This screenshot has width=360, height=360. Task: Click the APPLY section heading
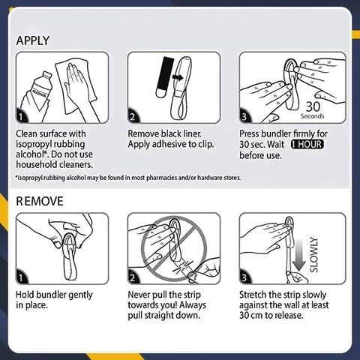33,40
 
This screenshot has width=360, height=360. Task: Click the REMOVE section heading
40,202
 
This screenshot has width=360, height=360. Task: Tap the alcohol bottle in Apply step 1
39,90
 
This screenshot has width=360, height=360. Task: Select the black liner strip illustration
163,76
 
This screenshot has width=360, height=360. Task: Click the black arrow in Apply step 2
178,77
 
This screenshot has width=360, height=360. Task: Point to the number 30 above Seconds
313,106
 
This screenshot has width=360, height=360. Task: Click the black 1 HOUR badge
307,145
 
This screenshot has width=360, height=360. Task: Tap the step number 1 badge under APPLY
22,116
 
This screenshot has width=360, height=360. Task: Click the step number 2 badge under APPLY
133,116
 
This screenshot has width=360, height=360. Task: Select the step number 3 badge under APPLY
245,116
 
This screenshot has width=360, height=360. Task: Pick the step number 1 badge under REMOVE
22,277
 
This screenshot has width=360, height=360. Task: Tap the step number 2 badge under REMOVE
133,277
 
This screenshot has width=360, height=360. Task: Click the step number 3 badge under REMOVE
245,277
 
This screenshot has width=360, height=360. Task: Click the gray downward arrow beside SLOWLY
299,255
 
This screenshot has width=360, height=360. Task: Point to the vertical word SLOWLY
313,254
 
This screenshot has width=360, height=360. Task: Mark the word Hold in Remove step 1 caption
25,295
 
